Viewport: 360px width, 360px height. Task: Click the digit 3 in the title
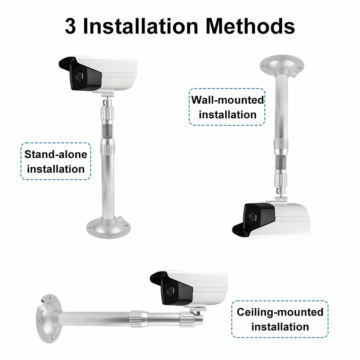coord(70,26)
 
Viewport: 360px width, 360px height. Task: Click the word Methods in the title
coord(250,26)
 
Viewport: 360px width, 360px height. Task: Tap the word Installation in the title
coord(140,26)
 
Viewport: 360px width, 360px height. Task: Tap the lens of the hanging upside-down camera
coord(253,217)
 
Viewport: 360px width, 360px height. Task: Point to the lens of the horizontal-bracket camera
coord(170,291)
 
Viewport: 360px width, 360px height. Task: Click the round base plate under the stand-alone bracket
coord(108,228)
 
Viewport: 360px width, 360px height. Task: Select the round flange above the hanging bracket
coord(282,65)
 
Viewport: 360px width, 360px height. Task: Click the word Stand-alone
coord(56,154)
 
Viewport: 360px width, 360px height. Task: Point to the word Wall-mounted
coord(227,100)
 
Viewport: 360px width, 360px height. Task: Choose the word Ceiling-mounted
coord(280,312)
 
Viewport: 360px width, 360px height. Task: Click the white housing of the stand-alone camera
coord(118,73)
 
